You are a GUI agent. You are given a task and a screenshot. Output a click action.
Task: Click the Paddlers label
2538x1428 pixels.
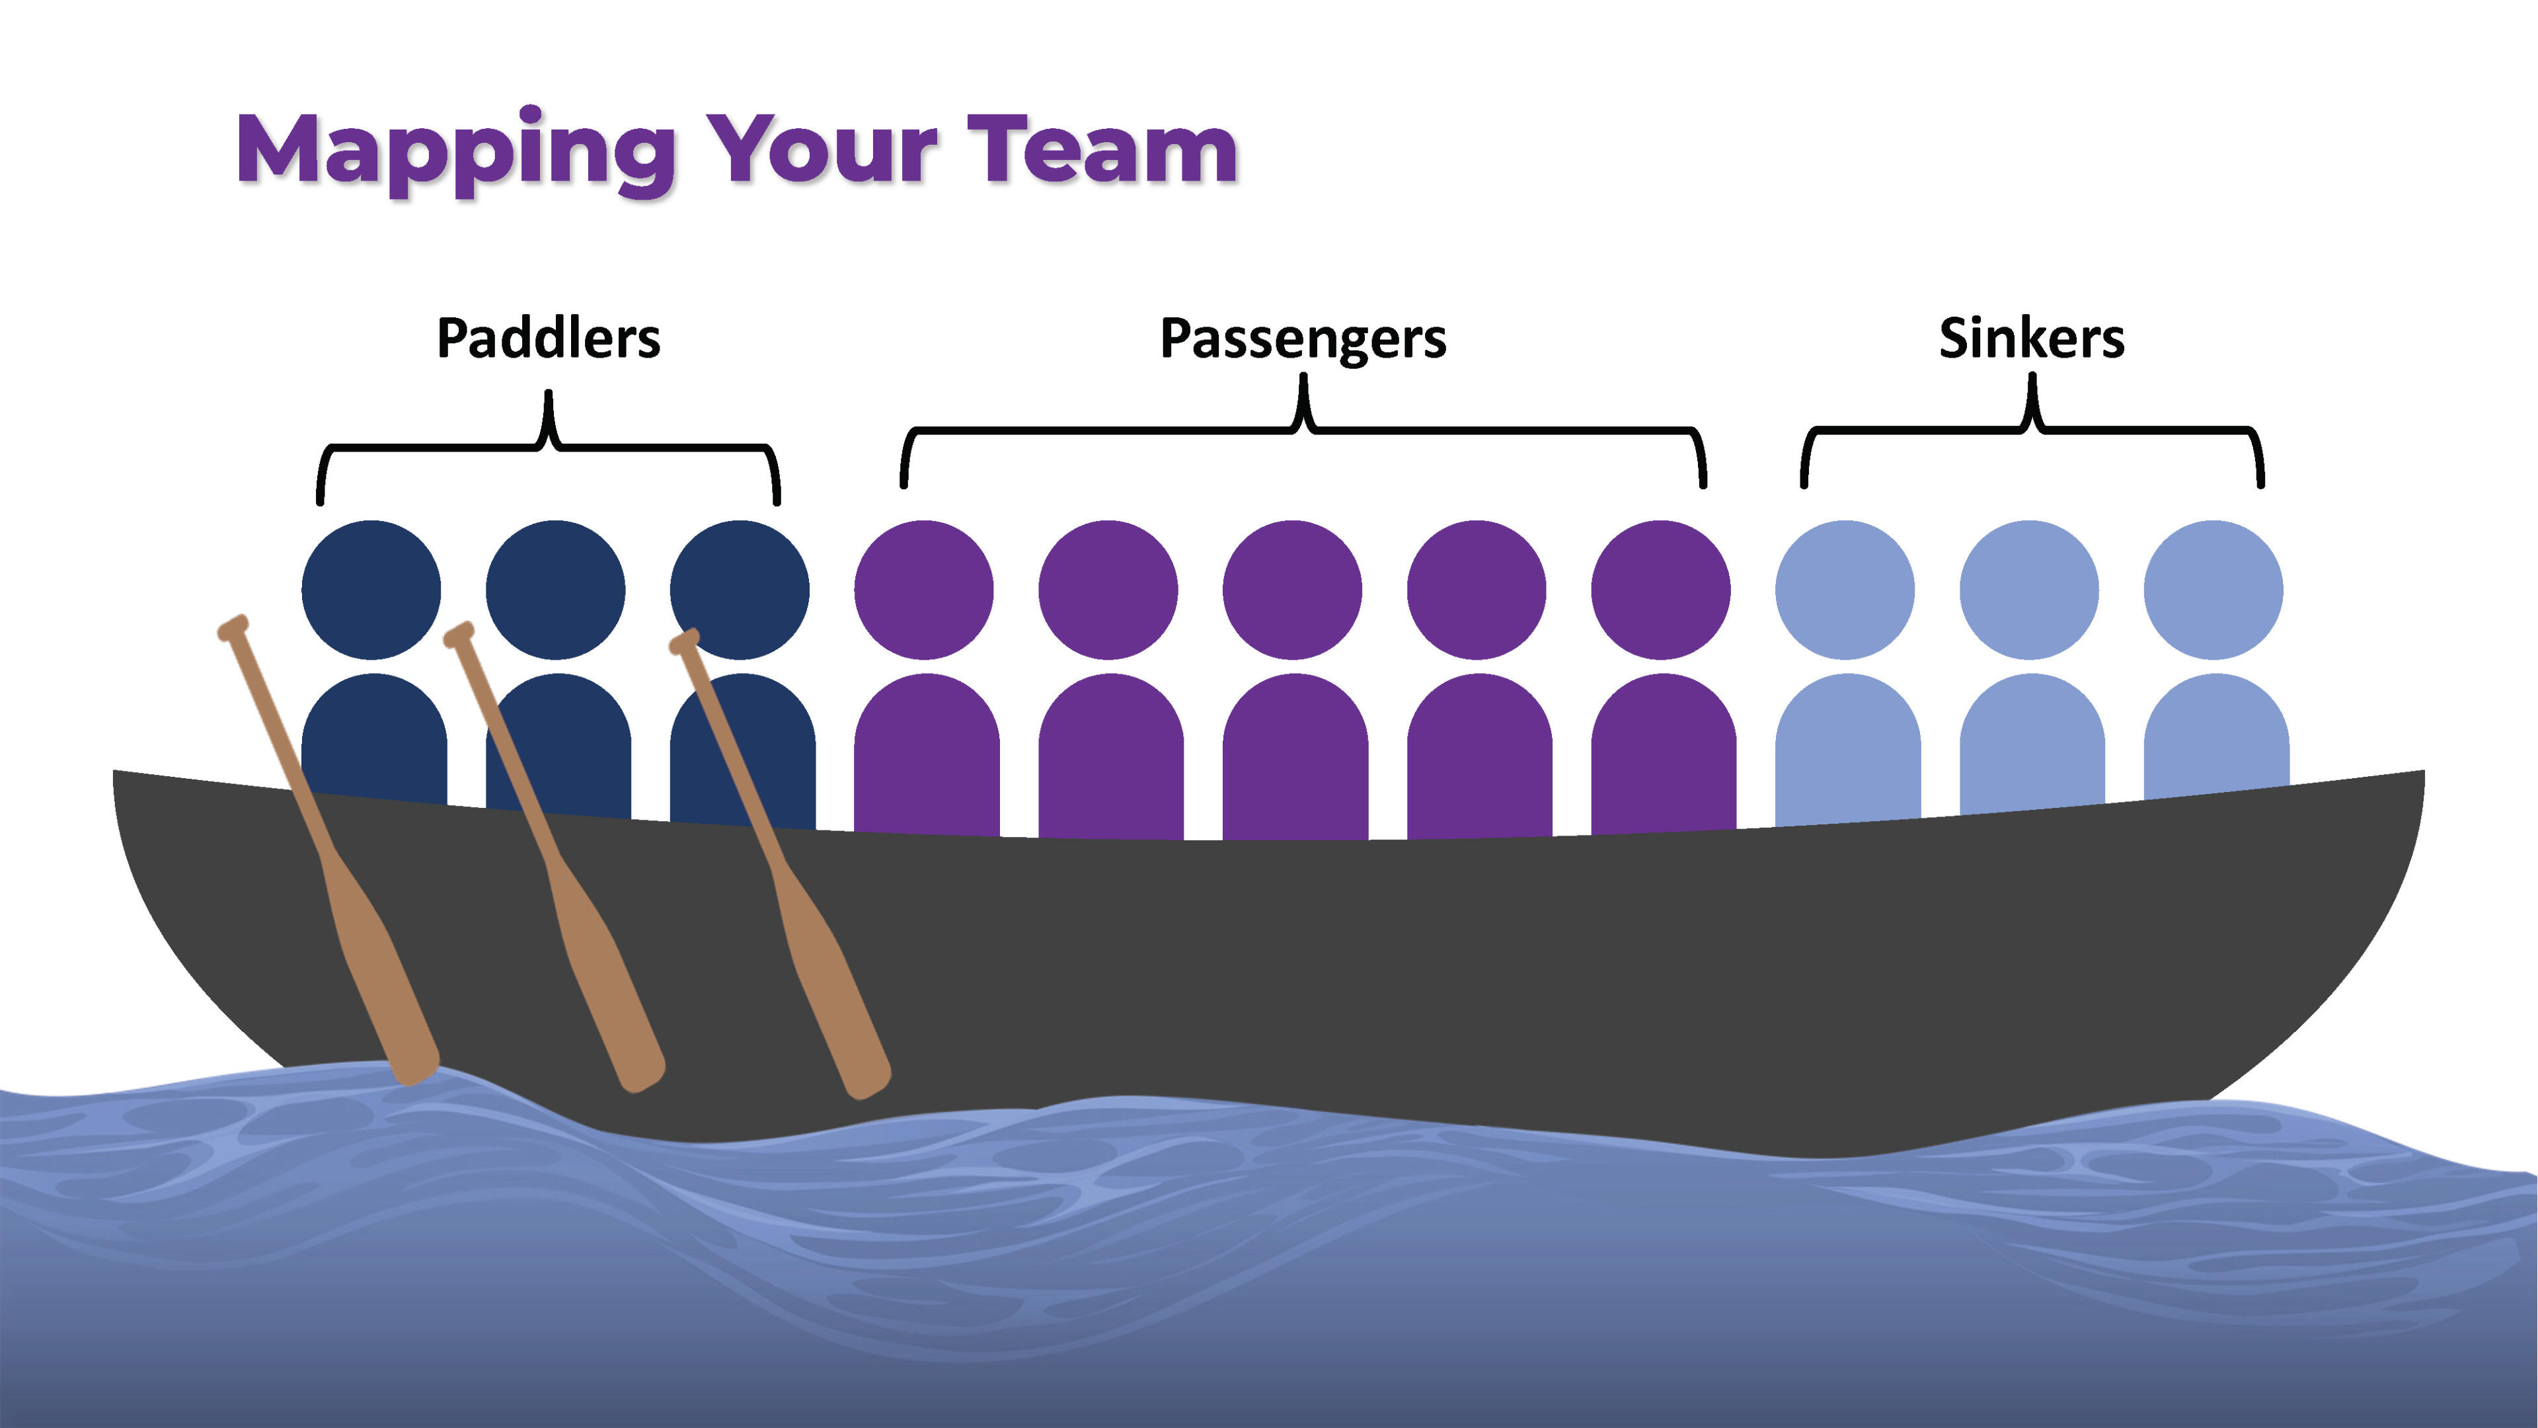[x=548, y=338]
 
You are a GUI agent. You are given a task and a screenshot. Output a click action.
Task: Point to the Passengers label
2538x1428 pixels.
[x=1303, y=338]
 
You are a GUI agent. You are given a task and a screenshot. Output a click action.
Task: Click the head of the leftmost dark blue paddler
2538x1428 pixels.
[x=371, y=589]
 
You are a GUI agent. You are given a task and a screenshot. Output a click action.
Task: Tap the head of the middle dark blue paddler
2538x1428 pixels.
[x=555, y=589]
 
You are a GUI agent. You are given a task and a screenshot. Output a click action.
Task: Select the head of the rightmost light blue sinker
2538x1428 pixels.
[x=2213, y=589]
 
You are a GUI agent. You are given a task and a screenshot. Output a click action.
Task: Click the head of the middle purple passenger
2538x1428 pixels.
[x=1291, y=589]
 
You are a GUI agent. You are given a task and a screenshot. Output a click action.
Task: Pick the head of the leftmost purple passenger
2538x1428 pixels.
[x=923, y=589]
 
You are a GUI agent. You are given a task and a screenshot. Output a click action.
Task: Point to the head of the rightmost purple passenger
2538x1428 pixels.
[x=1660, y=589]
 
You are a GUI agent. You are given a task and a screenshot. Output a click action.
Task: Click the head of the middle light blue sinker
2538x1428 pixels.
[x=2028, y=589]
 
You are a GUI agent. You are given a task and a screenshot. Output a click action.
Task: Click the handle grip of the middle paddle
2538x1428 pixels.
[x=459, y=635]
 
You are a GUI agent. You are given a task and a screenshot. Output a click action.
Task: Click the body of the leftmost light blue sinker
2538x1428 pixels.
[x=1847, y=749]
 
